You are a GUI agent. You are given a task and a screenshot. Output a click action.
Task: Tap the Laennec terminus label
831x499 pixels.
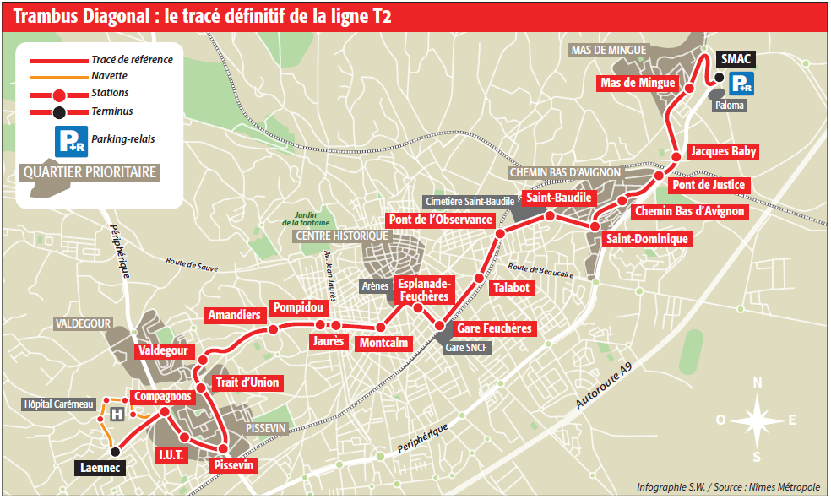coord(100,466)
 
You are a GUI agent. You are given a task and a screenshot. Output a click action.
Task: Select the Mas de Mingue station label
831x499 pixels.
coord(638,83)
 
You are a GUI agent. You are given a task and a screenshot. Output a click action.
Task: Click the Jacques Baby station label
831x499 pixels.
coord(723,152)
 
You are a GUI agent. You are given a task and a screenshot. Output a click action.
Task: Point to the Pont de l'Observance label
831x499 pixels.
coord(440,220)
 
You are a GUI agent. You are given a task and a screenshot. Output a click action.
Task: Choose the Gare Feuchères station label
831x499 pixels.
coord(494,328)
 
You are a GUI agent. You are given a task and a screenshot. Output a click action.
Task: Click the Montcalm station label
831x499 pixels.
coord(383,343)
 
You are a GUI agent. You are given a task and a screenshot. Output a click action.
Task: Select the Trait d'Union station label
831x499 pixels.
coord(247,382)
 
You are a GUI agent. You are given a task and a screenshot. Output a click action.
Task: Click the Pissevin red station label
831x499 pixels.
coord(234,465)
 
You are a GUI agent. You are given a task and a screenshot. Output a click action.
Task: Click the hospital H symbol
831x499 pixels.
coord(117,415)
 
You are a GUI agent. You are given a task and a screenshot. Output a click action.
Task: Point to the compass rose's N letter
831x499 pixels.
coord(758,382)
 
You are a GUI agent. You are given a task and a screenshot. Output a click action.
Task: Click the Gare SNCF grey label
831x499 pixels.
coord(467,348)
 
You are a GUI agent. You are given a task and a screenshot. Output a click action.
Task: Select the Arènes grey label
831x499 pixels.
coord(374,286)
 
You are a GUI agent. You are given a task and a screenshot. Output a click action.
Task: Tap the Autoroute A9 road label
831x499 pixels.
coord(603,388)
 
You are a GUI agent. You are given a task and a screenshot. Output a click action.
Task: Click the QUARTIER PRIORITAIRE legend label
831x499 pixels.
coord(91,172)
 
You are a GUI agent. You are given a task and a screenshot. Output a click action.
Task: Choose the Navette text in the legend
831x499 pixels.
coord(110,76)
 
